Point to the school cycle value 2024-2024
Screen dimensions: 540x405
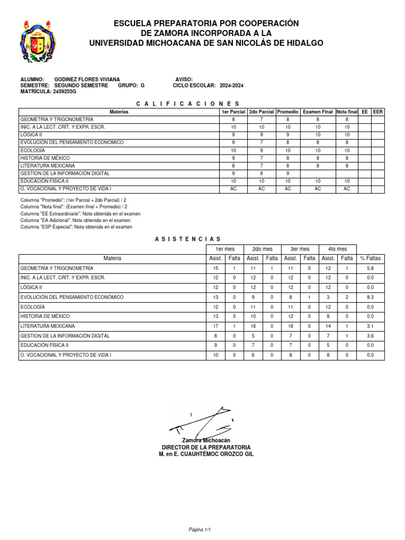click(x=232, y=85)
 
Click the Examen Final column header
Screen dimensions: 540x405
click(x=318, y=112)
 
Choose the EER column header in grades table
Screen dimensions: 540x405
click(x=378, y=112)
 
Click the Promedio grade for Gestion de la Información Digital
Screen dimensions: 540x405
click(x=288, y=173)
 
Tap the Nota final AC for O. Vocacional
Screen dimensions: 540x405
click(x=346, y=189)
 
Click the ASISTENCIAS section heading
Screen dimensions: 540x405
click(x=187, y=239)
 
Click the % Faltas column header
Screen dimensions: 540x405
click(x=371, y=258)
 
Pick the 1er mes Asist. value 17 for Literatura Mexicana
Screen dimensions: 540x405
click(x=215, y=326)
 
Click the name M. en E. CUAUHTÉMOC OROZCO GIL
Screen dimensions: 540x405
click(x=206, y=454)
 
